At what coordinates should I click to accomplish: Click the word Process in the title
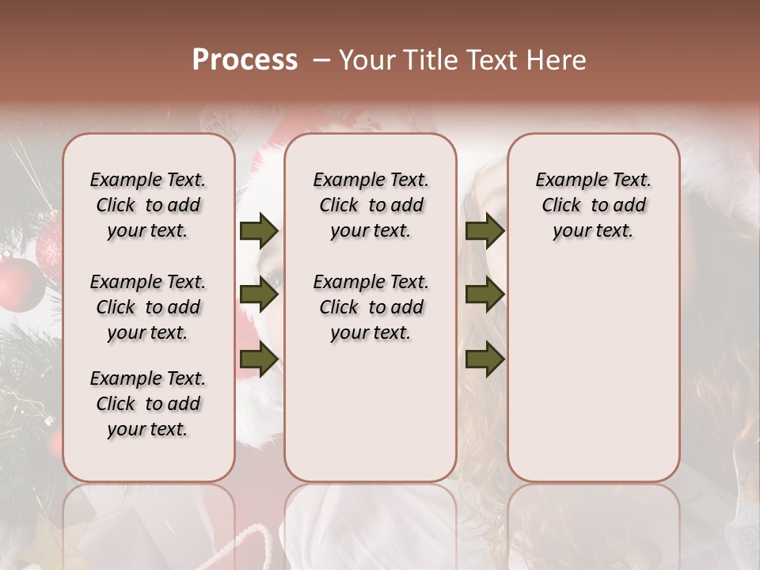(x=245, y=60)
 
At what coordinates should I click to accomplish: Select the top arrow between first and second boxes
(x=259, y=231)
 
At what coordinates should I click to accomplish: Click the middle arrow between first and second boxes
(x=259, y=295)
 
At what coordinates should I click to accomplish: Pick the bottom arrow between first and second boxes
(x=259, y=359)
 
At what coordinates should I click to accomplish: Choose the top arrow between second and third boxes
(x=484, y=231)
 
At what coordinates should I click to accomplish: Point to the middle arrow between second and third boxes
(x=484, y=295)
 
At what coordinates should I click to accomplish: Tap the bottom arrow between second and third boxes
(x=484, y=359)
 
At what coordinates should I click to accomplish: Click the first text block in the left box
(x=148, y=205)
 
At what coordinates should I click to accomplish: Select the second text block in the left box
(x=148, y=307)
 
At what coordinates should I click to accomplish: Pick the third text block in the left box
(x=148, y=404)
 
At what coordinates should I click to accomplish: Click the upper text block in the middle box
(x=370, y=205)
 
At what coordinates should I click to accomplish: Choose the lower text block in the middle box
(x=370, y=307)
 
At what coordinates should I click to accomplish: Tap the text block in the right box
(x=593, y=205)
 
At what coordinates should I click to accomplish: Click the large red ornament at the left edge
(x=20, y=283)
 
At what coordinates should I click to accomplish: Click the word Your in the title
(x=367, y=60)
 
